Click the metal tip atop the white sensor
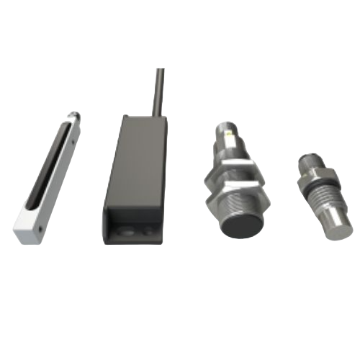point(73,115)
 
